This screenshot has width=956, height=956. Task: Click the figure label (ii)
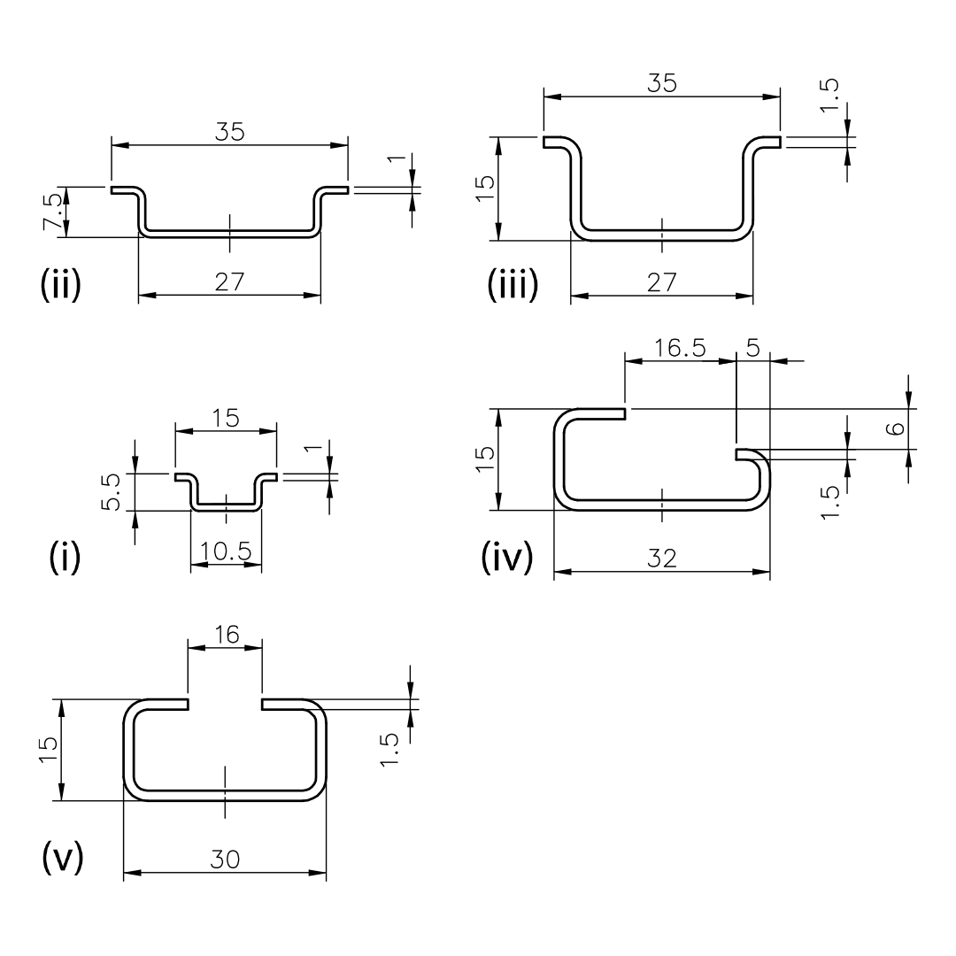(x=60, y=284)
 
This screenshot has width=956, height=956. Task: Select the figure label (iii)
(x=513, y=284)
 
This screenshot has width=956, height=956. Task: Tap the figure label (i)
(x=65, y=557)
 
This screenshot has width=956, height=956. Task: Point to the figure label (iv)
(x=507, y=558)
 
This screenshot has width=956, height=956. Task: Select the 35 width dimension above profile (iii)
(x=662, y=83)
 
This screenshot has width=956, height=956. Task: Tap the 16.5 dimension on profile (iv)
(x=680, y=348)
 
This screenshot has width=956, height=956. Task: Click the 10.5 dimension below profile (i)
(x=226, y=551)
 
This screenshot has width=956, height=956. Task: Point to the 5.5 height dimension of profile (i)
(x=112, y=492)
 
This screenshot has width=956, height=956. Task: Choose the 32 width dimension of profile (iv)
(x=662, y=559)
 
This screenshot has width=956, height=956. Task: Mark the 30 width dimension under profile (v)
(x=225, y=860)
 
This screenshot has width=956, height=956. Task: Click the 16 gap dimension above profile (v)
(x=227, y=635)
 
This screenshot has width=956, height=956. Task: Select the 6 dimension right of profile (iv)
(x=894, y=428)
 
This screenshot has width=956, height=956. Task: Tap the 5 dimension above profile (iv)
(x=753, y=348)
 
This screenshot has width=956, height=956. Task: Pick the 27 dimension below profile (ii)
(x=230, y=281)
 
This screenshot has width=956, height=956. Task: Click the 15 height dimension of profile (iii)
(x=485, y=189)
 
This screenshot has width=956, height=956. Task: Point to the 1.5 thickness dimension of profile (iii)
(x=829, y=95)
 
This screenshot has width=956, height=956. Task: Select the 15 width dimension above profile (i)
(x=226, y=418)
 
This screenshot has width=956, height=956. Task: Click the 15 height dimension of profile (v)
(x=48, y=750)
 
